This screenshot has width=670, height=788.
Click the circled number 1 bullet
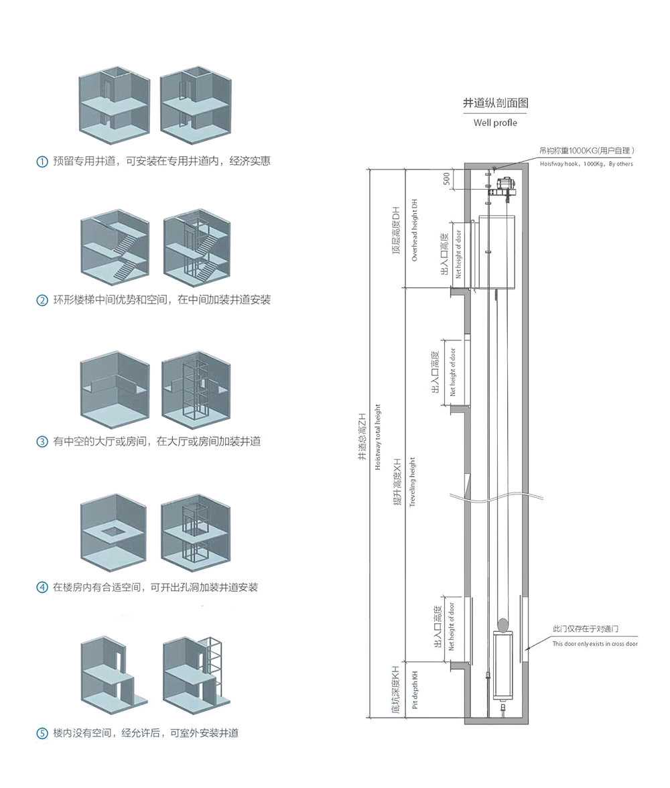point(42,161)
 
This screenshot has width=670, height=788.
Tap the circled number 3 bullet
point(42,442)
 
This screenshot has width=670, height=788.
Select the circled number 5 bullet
point(42,733)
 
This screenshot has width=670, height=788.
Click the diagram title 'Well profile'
point(495,123)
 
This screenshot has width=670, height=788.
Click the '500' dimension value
point(446,179)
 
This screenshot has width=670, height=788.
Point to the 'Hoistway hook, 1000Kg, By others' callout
point(586,163)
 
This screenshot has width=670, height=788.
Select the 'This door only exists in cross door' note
point(595,643)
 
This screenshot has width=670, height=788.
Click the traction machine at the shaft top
point(502,187)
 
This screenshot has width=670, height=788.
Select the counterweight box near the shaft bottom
point(504,663)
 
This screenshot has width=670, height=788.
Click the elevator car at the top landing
point(500,251)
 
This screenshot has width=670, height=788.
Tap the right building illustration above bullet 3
point(196,389)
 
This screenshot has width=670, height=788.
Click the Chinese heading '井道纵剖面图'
point(496,103)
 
